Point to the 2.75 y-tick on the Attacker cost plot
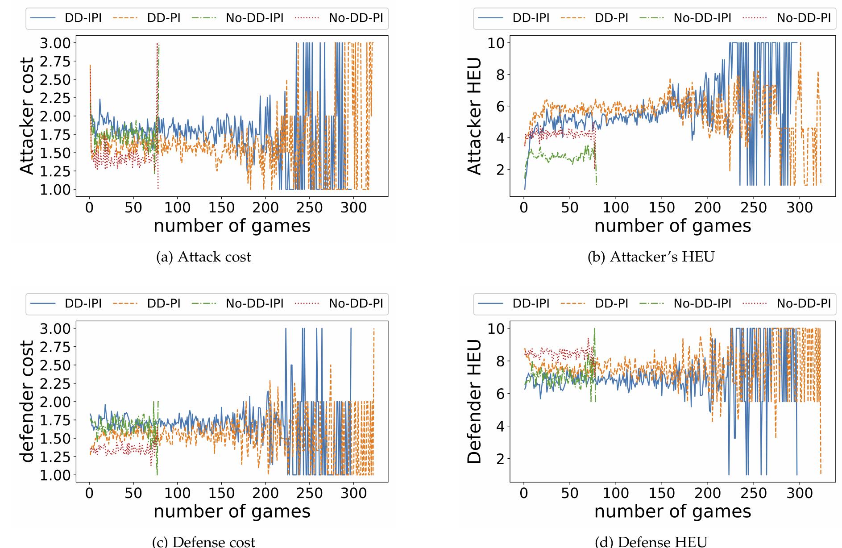pos(55,61)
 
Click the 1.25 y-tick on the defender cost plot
pos(55,457)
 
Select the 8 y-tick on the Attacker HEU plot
pos(499,75)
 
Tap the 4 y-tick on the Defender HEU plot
pos(499,426)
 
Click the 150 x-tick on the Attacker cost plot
pos(221,208)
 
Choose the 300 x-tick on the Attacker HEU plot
pos(799,208)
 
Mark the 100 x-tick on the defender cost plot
pos(177,493)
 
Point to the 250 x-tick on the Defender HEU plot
pos(754,493)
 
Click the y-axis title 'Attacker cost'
pos(27,116)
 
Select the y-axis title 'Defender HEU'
pos(474,402)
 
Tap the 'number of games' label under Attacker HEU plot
pos(672,226)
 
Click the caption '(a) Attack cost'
pos(203,257)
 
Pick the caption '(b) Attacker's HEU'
pos(651,257)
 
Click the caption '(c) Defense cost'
pos(203,542)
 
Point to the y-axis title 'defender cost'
pos(27,402)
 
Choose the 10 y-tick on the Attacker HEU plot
pos(495,43)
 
